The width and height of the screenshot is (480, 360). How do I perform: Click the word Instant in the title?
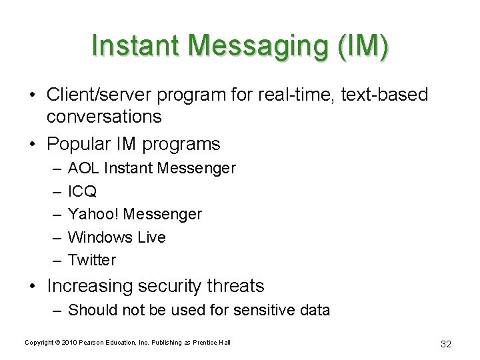tap(136, 45)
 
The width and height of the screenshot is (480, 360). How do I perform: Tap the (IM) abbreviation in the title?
tap(363, 46)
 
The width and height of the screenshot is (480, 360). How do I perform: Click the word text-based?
tap(385, 95)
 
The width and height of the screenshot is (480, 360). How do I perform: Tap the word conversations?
tap(104, 117)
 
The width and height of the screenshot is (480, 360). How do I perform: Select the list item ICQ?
tap(83, 191)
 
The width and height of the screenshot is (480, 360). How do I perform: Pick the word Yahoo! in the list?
tap(94, 214)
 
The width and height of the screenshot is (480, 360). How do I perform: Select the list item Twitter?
tap(92, 260)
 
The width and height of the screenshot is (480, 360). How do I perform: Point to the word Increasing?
tap(90, 287)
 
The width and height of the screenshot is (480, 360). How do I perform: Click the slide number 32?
tap(446, 344)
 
